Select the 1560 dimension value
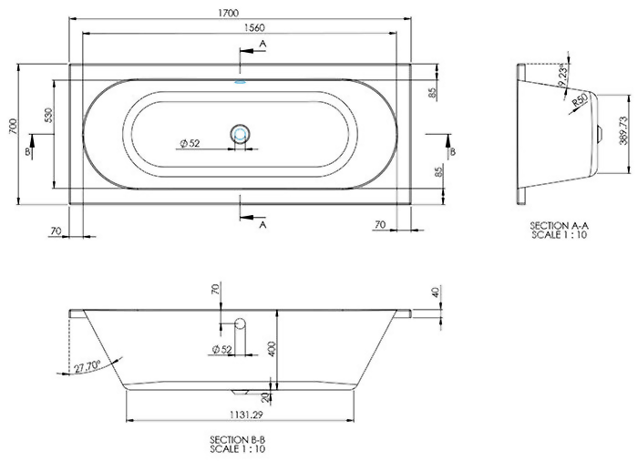pyautogui.click(x=241, y=27)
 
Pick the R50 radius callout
pyautogui.click(x=578, y=102)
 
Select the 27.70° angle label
pyautogui.click(x=87, y=366)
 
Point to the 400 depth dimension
pyautogui.click(x=271, y=348)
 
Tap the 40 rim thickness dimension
pyautogui.click(x=436, y=292)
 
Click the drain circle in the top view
pyautogui.click(x=241, y=134)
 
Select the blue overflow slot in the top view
pyautogui.click(x=241, y=81)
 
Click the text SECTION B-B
pyautogui.click(x=236, y=440)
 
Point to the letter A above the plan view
pyautogui.click(x=262, y=43)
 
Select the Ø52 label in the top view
pyautogui.click(x=190, y=143)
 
